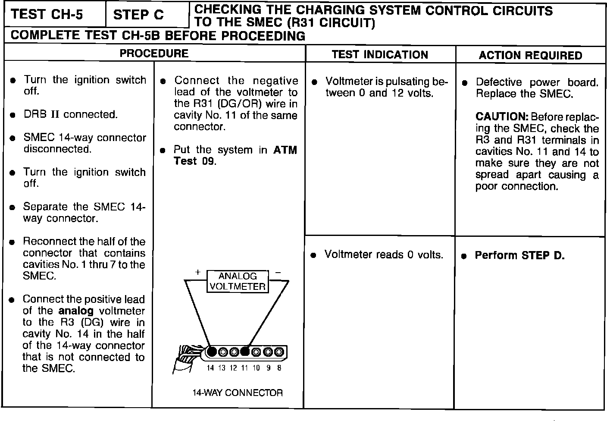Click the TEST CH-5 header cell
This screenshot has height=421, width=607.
click(47, 15)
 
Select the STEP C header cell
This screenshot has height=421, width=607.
click(138, 15)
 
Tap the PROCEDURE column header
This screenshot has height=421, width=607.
click(154, 53)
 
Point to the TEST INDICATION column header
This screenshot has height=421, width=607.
click(380, 54)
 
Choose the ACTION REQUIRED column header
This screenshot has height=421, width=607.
click(530, 55)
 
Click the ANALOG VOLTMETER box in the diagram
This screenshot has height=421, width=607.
click(238, 281)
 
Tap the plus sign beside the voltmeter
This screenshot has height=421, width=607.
click(197, 272)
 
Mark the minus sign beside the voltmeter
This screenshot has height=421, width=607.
click(278, 272)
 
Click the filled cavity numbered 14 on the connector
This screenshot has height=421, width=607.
click(211, 352)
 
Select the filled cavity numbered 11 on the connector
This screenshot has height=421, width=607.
click(245, 352)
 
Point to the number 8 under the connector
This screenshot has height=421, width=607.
click(279, 368)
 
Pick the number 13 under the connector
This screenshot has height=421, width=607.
click(222, 368)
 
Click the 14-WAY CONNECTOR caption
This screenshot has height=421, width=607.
click(238, 393)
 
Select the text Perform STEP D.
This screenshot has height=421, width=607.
click(519, 255)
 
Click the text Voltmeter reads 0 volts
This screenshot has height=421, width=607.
click(384, 254)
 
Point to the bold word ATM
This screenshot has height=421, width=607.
click(285, 150)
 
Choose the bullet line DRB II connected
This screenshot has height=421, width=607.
click(70, 115)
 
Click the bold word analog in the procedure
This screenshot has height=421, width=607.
click(76, 311)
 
